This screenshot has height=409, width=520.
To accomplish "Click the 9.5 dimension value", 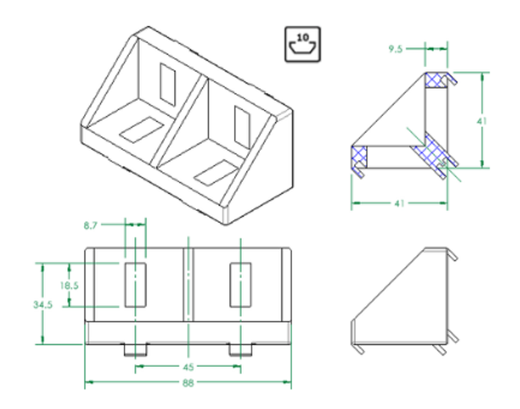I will [x=395, y=49].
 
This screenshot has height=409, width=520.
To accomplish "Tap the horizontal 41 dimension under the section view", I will [x=399, y=203].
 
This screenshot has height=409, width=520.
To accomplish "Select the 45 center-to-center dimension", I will [x=189, y=367].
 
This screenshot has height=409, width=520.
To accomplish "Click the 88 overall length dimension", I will [x=189, y=384].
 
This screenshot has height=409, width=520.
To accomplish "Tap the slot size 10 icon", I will [x=302, y=44].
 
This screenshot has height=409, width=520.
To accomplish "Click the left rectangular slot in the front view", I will [x=135, y=284].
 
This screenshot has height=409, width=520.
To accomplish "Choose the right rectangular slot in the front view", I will [x=240, y=284].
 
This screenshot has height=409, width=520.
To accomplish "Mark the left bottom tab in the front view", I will [x=135, y=350].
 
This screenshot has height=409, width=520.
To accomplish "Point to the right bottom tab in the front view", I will [x=240, y=350].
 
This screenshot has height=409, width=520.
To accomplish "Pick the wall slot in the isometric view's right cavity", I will [x=242, y=124].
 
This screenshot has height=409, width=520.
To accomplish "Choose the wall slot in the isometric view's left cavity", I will [x=167, y=83].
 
